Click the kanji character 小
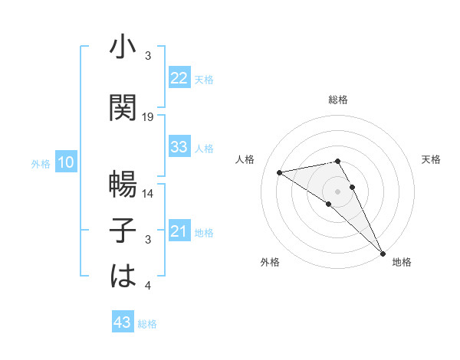click(123, 48)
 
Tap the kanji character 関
click(123, 107)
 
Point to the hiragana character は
click(123, 275)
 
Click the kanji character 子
click(123, 229)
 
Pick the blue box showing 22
click(179, 78)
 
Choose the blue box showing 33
click(179, 147)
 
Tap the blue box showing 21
click(179, 231)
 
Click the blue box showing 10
click(66, 162)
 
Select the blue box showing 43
click(123, 322)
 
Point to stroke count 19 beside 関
click(149, 118)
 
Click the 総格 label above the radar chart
click(338, 100)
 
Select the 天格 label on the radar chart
click(432, 159)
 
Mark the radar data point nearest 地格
click(383, 252)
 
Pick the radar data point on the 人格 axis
click(280, 172)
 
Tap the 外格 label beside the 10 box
click(40, 163)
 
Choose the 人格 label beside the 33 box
click(204, 148)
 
